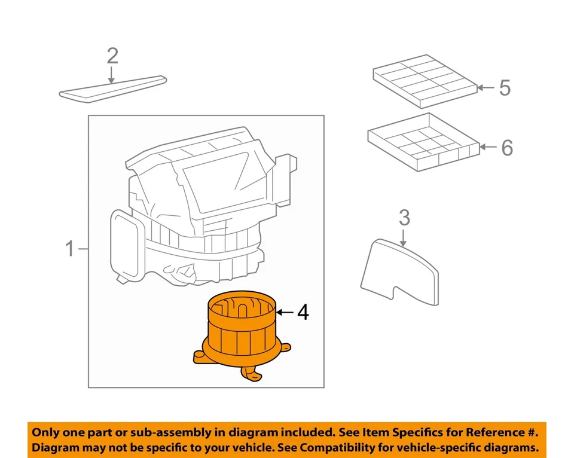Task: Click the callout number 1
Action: pos(70,248)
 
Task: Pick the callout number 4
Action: pos(303,312)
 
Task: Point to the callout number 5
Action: pos(505,88)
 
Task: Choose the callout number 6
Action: pos(506,147)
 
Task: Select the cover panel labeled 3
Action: pos(401,269)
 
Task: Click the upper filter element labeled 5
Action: pos(425,78)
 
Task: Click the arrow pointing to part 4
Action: pos(286,312)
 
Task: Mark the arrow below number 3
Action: pos(404,237)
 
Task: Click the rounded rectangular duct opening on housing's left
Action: pos(126,245)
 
